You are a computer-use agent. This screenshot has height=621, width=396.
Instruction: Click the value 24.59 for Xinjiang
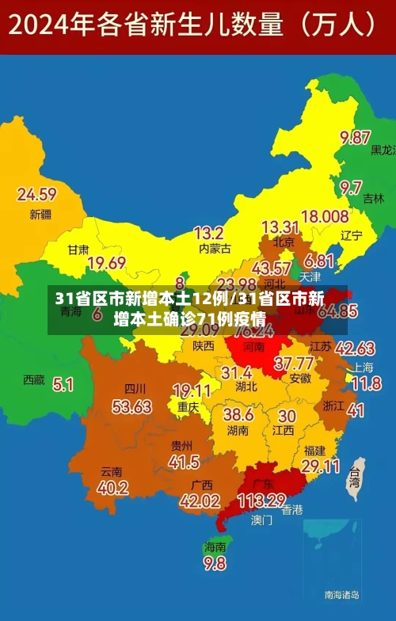[x=37, y=194]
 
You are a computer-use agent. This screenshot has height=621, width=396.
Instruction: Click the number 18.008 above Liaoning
[x=325, y=215]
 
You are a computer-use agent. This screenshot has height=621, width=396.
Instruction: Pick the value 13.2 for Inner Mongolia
[x=208, y=233]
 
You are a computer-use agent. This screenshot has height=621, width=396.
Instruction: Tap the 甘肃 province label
[x=78, y=249]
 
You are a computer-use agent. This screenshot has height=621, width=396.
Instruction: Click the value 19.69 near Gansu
[x=107, y=263]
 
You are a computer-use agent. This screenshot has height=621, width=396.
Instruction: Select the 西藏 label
[x=34, y=379]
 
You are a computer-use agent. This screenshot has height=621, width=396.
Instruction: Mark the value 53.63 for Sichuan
[x=131, y=406]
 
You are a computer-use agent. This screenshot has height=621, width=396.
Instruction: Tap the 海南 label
[x=215, y=547]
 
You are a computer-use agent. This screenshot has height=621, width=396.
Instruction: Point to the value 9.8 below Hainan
[x=215, y=563]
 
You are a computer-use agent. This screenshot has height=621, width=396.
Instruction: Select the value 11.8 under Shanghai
[x=366, y=384]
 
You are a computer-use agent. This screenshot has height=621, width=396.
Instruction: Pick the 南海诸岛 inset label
[x=342, y=594]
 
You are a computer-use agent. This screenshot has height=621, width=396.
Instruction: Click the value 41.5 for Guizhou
[x=184, y=462]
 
